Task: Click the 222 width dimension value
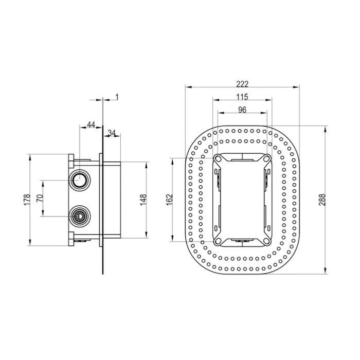pos(242,84)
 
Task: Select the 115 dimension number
pos(242,97)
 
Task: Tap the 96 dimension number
pos(242,110)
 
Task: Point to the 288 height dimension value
pos(322,200)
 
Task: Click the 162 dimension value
pos(169,200)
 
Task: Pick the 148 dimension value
pos(143,200)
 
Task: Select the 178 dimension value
pos(27,200)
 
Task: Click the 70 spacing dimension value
pos(40,197)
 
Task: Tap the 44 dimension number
pos(91,124)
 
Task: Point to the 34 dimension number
pos(112,133)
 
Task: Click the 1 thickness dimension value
pos(117,97)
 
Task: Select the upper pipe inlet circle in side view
pos(79,180)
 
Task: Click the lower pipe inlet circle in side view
pos(80,216)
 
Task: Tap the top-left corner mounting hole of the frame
pos(218,158)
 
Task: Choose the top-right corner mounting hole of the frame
pos(266,158)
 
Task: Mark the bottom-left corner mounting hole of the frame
pos(218,241)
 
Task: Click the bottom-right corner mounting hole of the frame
pos(266,241)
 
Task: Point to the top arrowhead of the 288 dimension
pos(325,129)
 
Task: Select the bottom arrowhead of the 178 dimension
pos(29,242)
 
